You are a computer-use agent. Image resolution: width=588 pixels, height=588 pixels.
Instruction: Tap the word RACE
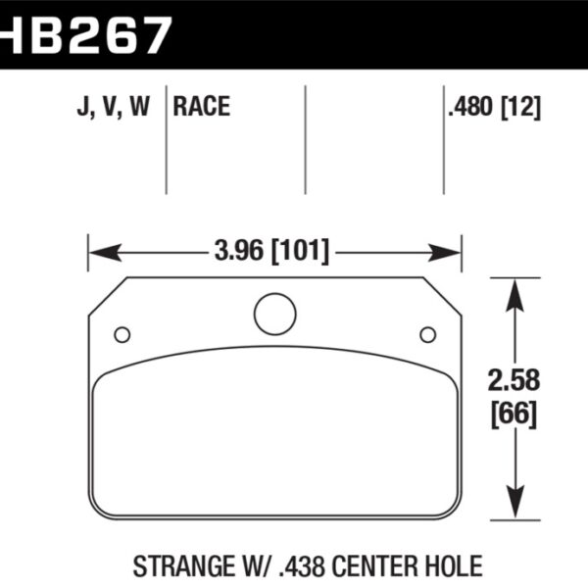[201, 107]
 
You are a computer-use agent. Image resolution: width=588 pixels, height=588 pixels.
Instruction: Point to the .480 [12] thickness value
[495, 107]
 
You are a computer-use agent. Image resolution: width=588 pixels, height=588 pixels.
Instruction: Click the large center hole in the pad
[274, 314]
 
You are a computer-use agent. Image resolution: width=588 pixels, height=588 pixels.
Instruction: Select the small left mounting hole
[122, 335]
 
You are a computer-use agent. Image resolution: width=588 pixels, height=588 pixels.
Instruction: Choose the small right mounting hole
[427, 335]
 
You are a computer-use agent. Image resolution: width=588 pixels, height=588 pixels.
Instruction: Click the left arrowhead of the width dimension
[98, 253]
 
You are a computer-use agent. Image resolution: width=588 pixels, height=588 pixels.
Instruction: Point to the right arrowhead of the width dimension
[452, 253]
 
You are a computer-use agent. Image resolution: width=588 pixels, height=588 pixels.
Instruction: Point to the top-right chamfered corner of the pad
[442, 296]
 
